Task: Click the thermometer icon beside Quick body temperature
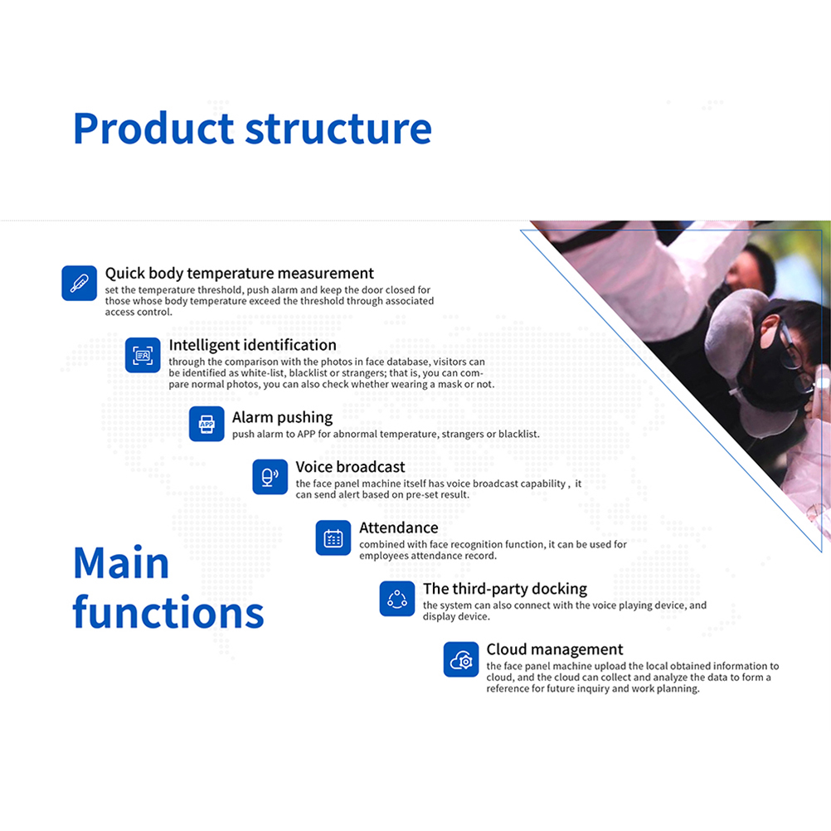(x=79, y=283)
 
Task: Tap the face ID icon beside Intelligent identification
(x=143, y=355)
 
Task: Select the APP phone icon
(x=207, y=424)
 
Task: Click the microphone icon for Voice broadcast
(x=270, y=476)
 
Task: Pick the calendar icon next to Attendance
(x=333, y=538)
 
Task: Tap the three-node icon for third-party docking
(x=397, y=599)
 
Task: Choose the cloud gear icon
(x=461, y=660)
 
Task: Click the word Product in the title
(x=153, y=129)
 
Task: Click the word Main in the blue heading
(x=121, y=562)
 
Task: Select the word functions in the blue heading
(x=168, y=611)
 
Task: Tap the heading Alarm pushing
(x=283, y=418)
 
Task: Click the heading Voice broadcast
(x=350, y=467)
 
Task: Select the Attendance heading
(x=399, y=527)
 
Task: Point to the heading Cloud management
(x=554, y=649)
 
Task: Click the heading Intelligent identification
(x=252, y=346)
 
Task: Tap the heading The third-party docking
(x=505, y=589)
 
